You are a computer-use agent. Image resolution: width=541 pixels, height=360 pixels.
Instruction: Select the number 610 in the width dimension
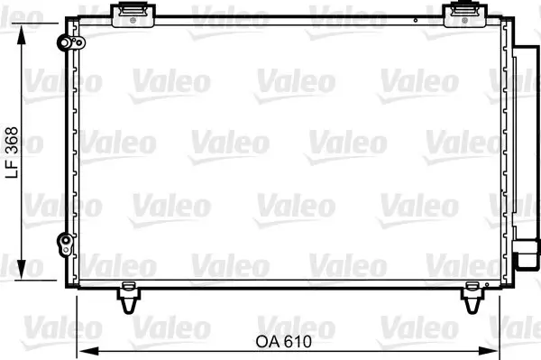(302, 342)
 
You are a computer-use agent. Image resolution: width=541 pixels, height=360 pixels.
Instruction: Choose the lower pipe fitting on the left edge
(64, 241)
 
